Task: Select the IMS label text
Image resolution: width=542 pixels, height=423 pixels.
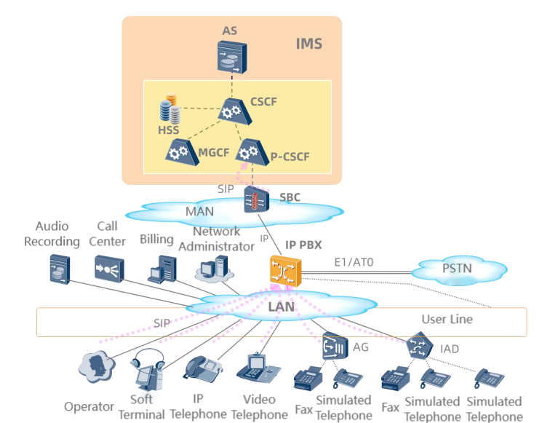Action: (308, 44)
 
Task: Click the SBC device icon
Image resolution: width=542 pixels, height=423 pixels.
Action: (257, 199)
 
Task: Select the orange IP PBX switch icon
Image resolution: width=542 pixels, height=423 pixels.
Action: (283, 271)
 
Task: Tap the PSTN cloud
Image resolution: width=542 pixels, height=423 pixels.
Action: (458, 269)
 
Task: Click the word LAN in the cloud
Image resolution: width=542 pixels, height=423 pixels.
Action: (281, 307)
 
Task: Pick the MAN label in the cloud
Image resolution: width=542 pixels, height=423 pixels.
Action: (200, 211)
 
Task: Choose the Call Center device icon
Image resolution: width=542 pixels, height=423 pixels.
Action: (108, 267)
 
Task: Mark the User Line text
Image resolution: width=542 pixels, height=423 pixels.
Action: (447, 319)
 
